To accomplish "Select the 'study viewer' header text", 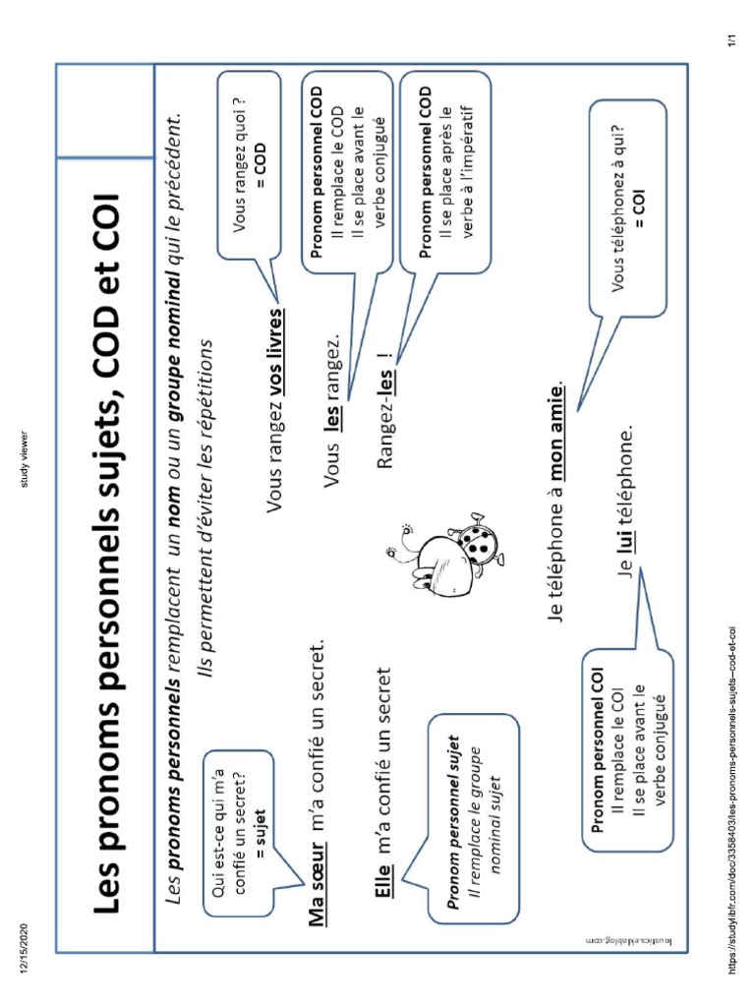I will tap(22, 459).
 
